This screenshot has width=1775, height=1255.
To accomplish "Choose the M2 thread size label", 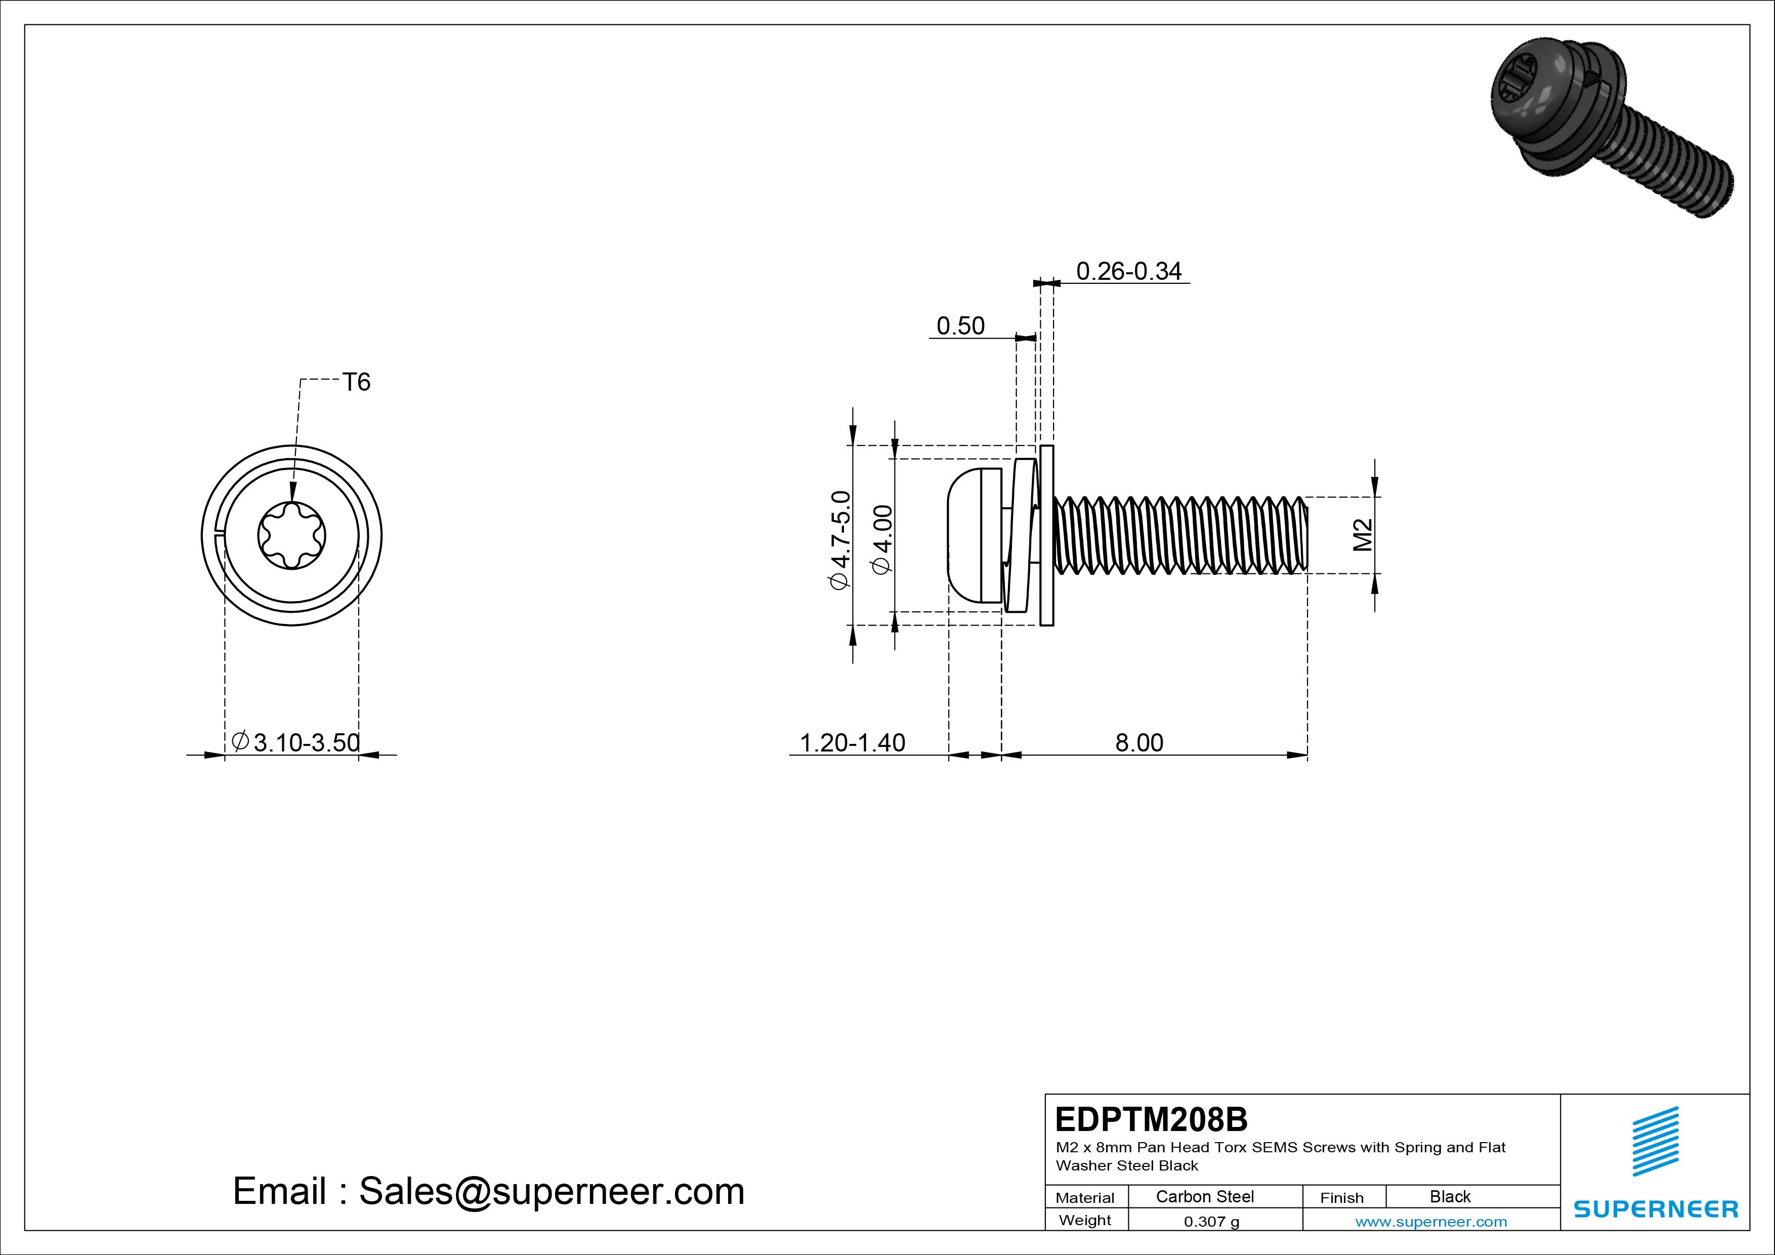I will point(1363,534).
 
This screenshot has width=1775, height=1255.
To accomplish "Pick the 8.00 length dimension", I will point(1139,742).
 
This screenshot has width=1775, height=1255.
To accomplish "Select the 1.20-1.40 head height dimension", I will point(852,742).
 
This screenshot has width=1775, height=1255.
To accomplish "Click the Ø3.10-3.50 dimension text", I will point(297,742).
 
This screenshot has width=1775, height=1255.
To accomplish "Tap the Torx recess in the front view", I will point(291,535).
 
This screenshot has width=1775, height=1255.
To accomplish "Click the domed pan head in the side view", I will point(966,535).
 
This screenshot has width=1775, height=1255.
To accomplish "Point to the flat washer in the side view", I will point(1047,535).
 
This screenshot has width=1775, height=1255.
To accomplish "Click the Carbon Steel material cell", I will point(1204,1196).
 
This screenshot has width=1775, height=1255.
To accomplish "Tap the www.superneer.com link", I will point(1431,1222).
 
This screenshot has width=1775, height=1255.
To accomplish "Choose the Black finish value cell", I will point(1450,1196).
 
